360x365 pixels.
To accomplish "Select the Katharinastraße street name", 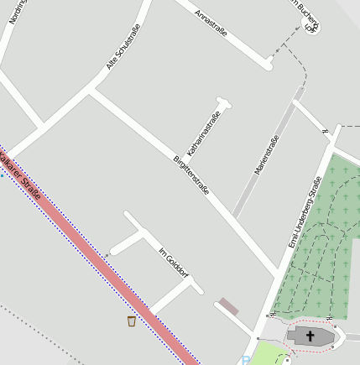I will coord(204,134).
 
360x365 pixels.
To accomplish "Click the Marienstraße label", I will coord(266,154).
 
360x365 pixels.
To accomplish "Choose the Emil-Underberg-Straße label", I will coord(305,211).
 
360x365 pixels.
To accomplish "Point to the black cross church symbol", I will coord(310,336).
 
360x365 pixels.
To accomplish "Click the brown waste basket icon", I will coord(132,321).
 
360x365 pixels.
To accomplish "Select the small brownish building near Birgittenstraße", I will coord(228,306).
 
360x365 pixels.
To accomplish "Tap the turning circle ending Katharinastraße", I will coord(223,104).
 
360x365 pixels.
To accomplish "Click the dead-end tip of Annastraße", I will coord(269,63).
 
